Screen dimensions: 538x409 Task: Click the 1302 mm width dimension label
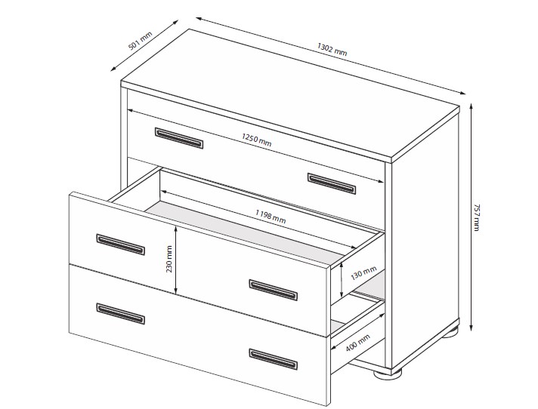(332, 49)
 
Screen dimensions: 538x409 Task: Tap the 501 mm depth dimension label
(140, 41)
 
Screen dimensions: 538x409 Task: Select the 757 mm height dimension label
(476, 217)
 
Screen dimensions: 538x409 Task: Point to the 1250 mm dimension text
(256, 140)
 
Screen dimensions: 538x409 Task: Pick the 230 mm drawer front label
(169, 259)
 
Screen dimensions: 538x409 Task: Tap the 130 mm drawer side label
(363, 273)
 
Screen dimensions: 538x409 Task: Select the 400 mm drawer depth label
(358, 343)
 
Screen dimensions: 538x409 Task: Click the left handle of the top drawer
(179, 138)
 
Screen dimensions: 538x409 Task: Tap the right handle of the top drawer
(332, 183)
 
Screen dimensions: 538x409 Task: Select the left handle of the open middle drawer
(120, 244)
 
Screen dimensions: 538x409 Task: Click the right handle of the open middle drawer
(273, 290)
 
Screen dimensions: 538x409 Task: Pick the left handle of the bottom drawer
(120, 313)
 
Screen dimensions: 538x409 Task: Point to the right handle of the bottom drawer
(273, 359)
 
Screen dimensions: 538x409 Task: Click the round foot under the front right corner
(388, 374)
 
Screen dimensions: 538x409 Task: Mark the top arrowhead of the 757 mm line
(472, 106)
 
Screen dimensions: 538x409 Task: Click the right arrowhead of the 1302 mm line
(462, 93)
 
